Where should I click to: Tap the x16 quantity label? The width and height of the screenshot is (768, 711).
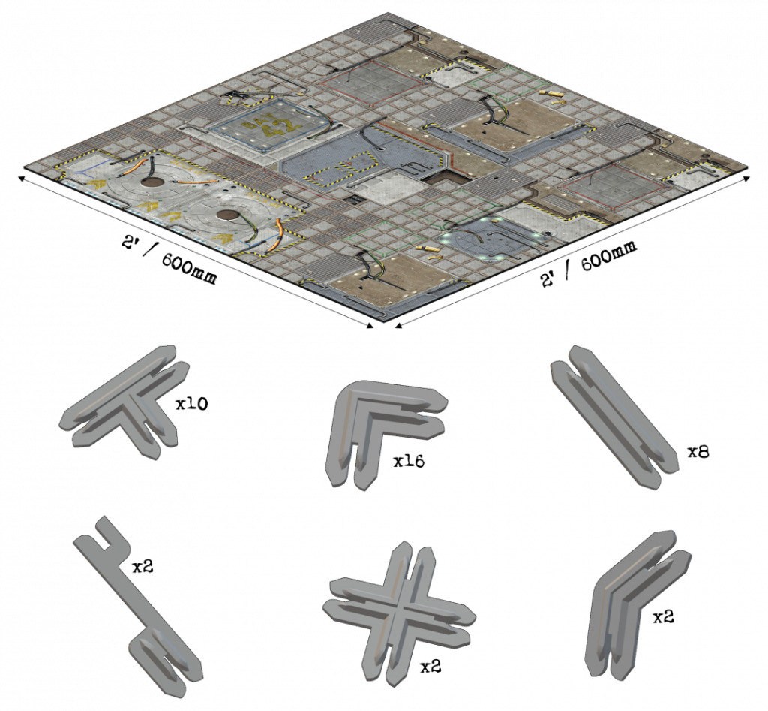point(409,461)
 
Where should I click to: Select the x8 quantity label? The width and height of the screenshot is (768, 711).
point(698,452)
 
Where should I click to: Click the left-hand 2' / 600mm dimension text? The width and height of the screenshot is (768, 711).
point(169,260)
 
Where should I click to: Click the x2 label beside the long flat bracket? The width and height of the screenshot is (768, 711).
point(142,566)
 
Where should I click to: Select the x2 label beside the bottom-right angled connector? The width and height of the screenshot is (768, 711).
point(663,617)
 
